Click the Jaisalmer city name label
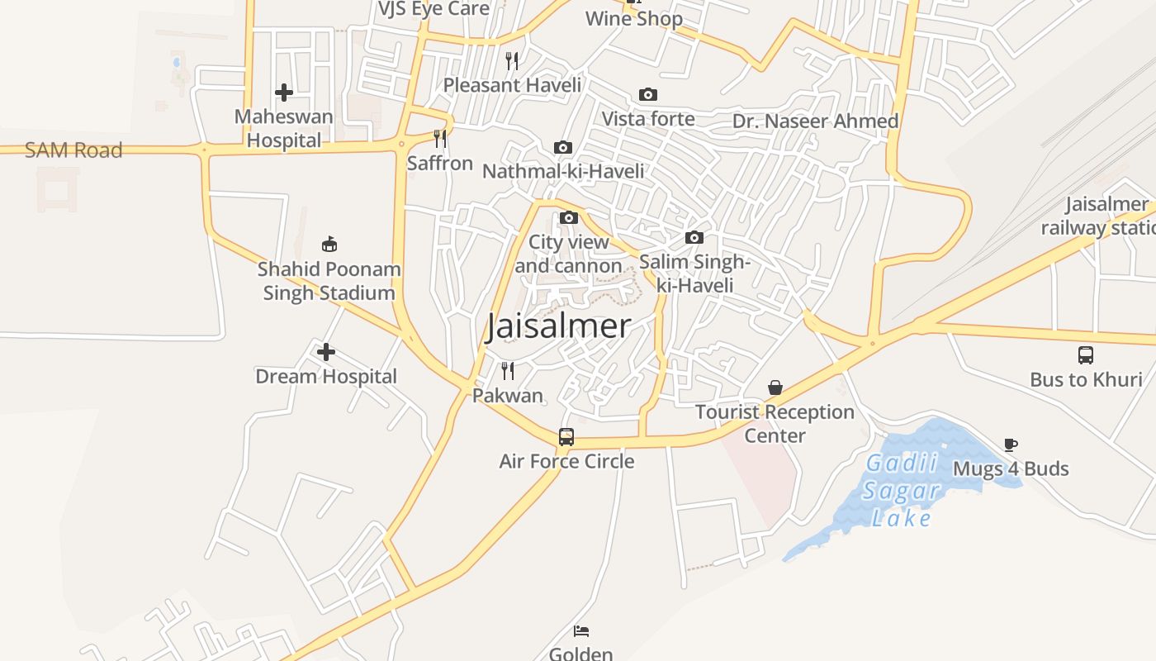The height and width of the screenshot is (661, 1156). (558, 326)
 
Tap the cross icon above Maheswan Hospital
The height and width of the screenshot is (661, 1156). (284, 93)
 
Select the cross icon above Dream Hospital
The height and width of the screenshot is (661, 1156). (326, 353)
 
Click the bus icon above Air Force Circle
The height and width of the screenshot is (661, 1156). (566, 437)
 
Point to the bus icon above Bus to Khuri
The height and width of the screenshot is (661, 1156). (1086, 355)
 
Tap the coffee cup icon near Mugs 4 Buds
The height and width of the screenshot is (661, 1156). (1011, 445)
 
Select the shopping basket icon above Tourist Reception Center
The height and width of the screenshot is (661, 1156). (775, 388)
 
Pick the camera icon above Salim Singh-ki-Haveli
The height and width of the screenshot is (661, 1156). (694, 238)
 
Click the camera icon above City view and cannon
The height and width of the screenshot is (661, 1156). (569, 218)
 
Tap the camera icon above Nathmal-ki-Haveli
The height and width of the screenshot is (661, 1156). (563, 148)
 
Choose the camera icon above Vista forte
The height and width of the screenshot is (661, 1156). (648, 95)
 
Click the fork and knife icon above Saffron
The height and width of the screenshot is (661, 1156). (440, 138)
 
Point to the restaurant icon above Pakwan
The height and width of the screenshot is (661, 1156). (508, 370)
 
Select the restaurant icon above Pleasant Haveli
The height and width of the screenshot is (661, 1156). (512, 60)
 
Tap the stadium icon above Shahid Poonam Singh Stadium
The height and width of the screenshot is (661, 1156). (329, 244)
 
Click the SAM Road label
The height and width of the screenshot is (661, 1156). (73, 150)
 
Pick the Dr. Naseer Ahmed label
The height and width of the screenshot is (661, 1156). (815, 121)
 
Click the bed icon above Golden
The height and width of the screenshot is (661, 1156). (581, 631)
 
